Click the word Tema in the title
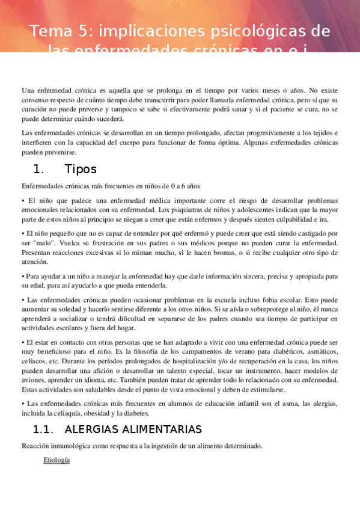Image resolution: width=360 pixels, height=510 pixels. tap(47, 31)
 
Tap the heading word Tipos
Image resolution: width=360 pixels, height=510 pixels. tap(80, 169)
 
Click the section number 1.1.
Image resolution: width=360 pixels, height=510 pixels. tap(44, 429)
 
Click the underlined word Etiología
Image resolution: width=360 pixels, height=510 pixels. tap(56, 460)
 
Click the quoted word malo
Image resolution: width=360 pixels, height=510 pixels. tap(44, 242)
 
